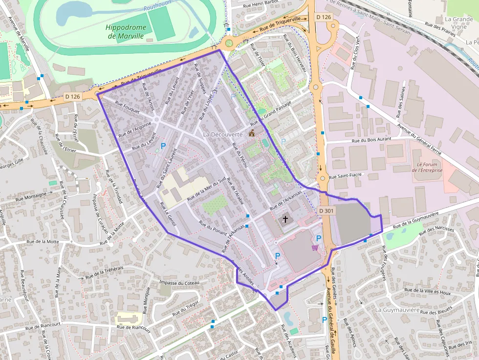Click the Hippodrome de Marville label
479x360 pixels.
[125, 31]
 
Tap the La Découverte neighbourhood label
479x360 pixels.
[222, 134]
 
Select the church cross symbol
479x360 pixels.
[285, 220]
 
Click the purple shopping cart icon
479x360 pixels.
[315, 248]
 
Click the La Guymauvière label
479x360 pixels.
[397, 310]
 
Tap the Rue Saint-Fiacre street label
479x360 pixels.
[344, 176]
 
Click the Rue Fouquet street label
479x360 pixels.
[127, 107]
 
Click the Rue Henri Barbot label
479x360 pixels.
[261, 4]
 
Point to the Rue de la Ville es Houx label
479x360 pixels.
[424, 292]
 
